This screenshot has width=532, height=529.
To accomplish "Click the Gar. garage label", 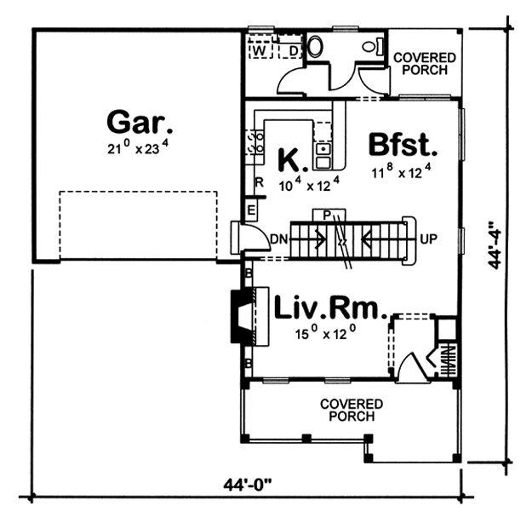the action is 140,122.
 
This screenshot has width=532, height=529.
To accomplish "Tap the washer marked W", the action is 260,49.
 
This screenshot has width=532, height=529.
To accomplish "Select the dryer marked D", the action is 290,49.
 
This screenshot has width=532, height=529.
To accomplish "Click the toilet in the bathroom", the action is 373,47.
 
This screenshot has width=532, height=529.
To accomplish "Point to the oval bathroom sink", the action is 316,47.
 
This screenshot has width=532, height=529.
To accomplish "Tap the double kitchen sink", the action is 323,156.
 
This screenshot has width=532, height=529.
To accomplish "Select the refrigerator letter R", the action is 260,182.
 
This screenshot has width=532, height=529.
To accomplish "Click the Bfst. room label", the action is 403,145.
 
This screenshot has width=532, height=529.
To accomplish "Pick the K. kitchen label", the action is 293,160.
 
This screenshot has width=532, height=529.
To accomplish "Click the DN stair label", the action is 279,239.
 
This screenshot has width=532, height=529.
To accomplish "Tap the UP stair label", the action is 428,239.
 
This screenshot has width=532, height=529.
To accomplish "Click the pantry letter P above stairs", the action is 327,215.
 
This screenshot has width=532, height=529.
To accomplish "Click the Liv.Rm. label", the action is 330,308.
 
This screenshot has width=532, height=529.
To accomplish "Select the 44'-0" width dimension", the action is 248,485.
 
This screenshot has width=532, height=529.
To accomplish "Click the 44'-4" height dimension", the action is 494,245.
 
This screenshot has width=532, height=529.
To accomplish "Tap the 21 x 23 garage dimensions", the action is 138,147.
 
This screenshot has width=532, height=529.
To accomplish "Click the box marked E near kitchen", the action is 251,210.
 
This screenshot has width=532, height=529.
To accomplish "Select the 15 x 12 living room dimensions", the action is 325,332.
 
